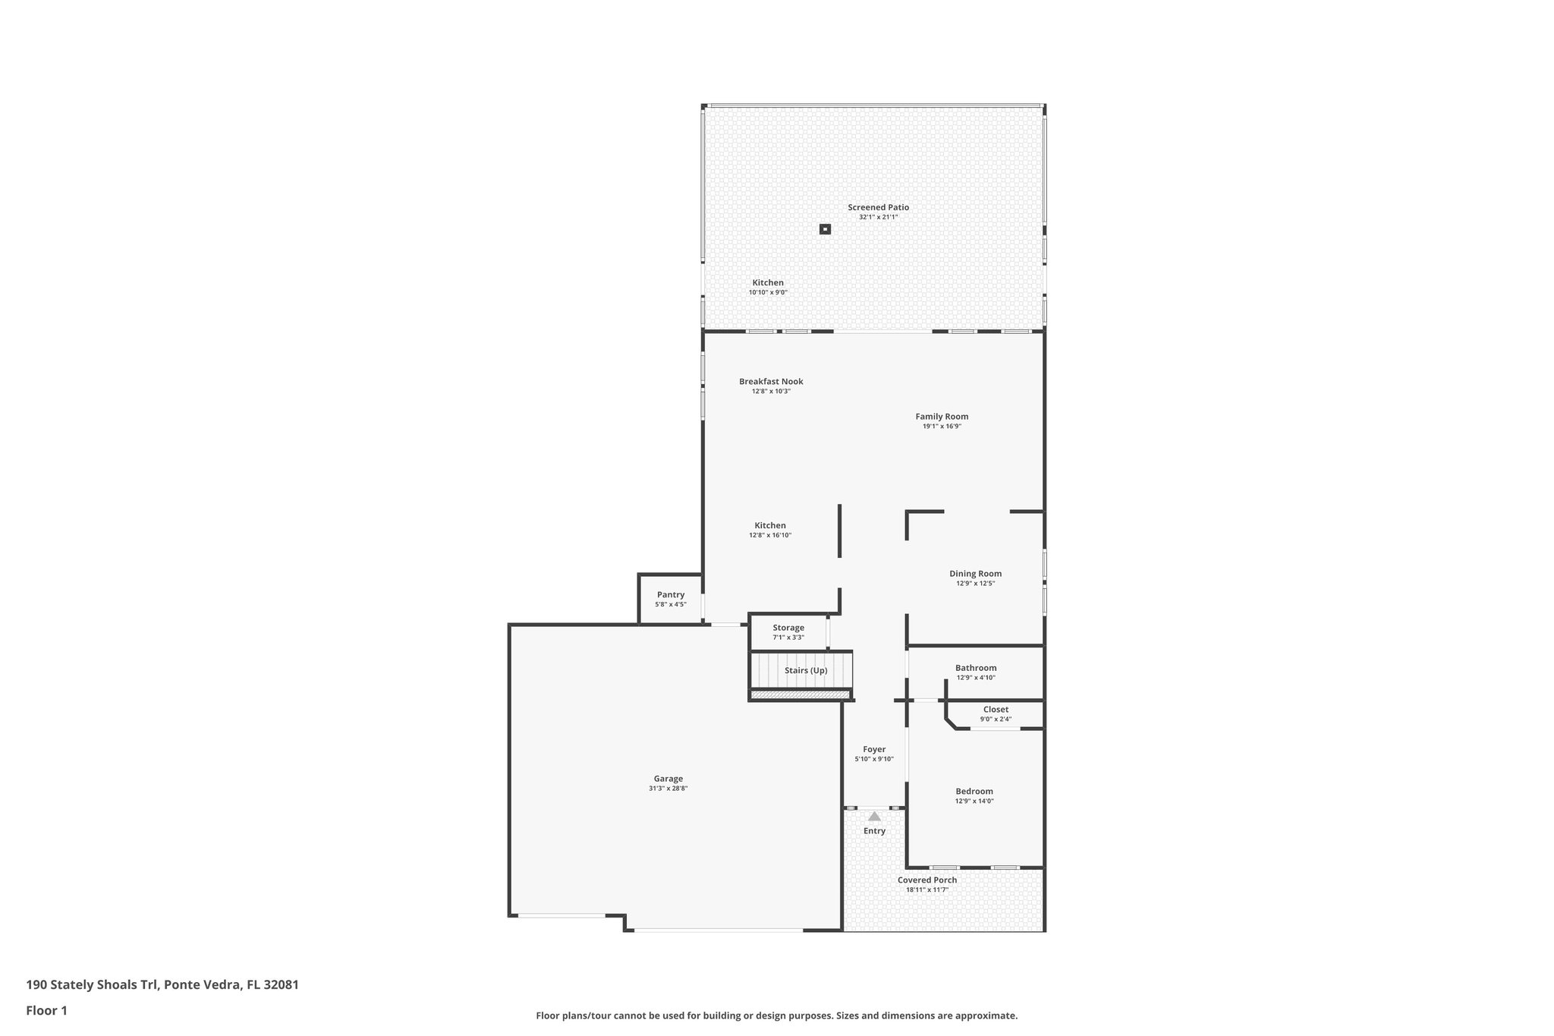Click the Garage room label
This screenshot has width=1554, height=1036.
coord(668,778)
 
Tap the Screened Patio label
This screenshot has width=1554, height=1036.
coord(878,207)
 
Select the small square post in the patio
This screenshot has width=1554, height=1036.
coord(825,228)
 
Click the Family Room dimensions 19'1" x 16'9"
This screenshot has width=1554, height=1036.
coord(942,427)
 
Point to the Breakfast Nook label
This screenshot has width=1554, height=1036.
coord(771,382)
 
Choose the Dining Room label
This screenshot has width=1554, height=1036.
coord(975,574)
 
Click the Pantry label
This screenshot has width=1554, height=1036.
coord(671,595)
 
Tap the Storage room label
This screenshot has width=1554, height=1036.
coord(788,628)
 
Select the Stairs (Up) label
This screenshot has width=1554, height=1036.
coord(806,671)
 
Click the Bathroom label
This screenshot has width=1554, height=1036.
coord(976,668)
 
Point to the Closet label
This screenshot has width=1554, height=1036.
coord(996,710)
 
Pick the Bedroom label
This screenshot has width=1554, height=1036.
coord(974,792)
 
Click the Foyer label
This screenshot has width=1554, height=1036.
coord(874,749)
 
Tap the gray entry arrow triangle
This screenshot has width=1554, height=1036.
coord(874,817)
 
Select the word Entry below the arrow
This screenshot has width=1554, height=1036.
coord(874,831)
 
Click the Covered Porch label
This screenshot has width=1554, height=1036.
coord(927,880)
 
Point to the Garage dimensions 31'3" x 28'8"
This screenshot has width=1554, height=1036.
coord(668,789)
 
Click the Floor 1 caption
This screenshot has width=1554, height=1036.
coord(47,1011)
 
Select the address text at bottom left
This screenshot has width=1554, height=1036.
coord(162,985)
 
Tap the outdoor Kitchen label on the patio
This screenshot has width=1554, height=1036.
coord(768,283)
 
